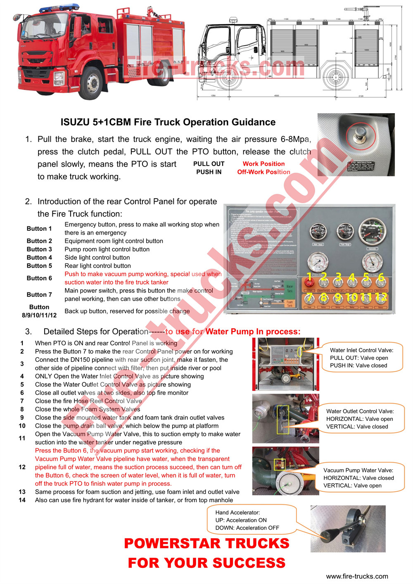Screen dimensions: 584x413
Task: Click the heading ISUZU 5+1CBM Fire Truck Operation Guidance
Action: point(168,122)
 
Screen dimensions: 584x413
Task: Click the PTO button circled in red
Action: point(357,135)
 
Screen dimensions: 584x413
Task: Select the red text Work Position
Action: point(263,164)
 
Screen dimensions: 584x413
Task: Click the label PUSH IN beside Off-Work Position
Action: point(209,172)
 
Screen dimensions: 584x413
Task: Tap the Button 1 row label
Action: point(39,229)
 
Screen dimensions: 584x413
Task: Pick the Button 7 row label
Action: point(39,295)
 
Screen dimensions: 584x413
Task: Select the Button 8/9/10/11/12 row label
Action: point(39,311)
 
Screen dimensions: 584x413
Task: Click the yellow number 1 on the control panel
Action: point(309,277)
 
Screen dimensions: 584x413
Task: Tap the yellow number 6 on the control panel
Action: point(381,277)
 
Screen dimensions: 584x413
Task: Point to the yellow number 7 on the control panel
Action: point(309,297)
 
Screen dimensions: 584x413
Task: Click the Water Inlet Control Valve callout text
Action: point(361,358)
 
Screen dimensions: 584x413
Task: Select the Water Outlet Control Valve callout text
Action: point(360,419)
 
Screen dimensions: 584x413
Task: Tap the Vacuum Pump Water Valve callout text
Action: point(358,478)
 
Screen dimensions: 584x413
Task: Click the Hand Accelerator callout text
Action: point(247,520)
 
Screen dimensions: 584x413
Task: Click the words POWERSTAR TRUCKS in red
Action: point(206,544)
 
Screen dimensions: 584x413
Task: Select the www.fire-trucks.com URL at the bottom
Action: point(357,577)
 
